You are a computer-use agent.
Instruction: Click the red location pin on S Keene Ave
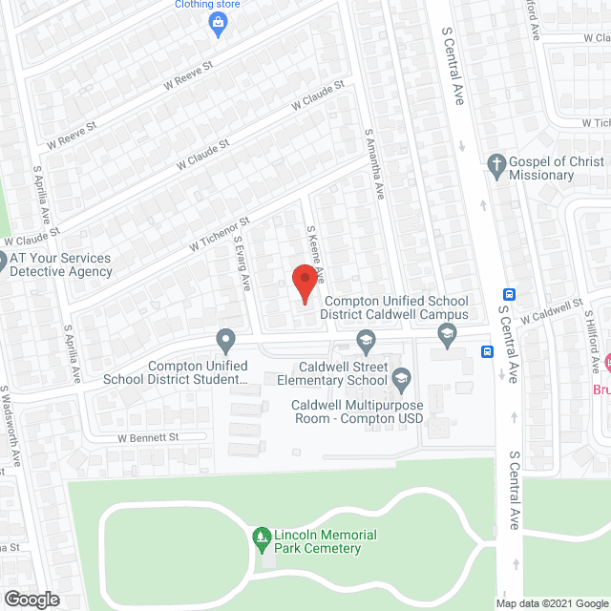304,284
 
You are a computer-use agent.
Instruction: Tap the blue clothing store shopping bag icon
219,23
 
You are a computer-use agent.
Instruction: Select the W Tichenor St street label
220,234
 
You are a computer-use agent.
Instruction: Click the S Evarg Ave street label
242,263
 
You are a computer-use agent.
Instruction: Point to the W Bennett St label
148,437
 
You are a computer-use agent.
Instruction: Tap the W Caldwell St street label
554,313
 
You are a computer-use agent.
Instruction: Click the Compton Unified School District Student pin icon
225,339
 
